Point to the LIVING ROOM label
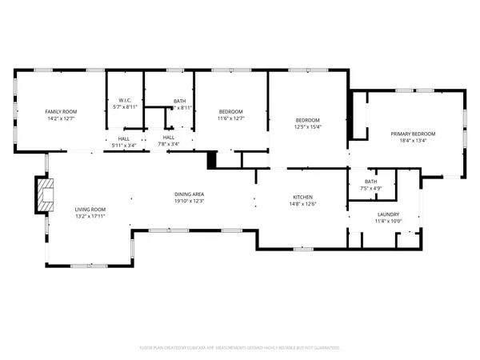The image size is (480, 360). [90, 210]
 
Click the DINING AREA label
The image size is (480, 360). [190, 194]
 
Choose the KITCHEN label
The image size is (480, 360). [302, 197]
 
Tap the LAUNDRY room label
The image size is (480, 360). [387, 214]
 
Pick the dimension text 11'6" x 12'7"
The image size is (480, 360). [232, 118]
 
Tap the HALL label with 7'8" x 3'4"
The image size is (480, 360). [169, 145]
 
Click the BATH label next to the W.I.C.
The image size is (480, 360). [180, 101]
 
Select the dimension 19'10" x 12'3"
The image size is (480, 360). [190, 201]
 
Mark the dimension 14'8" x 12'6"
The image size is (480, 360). [302, 203]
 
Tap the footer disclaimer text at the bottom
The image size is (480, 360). [240, 348]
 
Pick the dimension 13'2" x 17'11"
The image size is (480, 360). [90, 216]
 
